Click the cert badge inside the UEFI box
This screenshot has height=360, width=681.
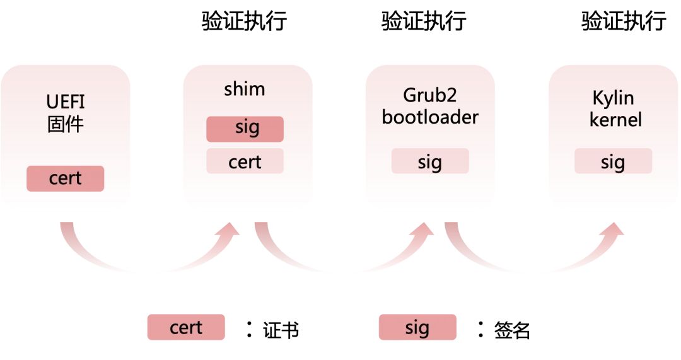[65, 178]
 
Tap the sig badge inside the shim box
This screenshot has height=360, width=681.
[245, 129]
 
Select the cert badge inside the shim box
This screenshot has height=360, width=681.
[245, 161]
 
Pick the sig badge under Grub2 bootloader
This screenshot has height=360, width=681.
[430, 161]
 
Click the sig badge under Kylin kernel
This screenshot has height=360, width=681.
[613, 161]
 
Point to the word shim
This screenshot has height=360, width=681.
[245, 89]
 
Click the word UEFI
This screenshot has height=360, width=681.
[66, 102]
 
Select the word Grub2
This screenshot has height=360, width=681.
[430, 96]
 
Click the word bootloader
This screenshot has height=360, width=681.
[430, 117]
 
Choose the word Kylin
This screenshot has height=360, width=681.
[613, 98]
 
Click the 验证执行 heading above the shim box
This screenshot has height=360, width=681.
[245, 21]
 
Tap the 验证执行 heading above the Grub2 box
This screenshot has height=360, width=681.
[424, 21]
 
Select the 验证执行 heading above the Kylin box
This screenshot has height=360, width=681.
[623, 21]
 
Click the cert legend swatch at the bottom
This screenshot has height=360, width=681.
[186, 328]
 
